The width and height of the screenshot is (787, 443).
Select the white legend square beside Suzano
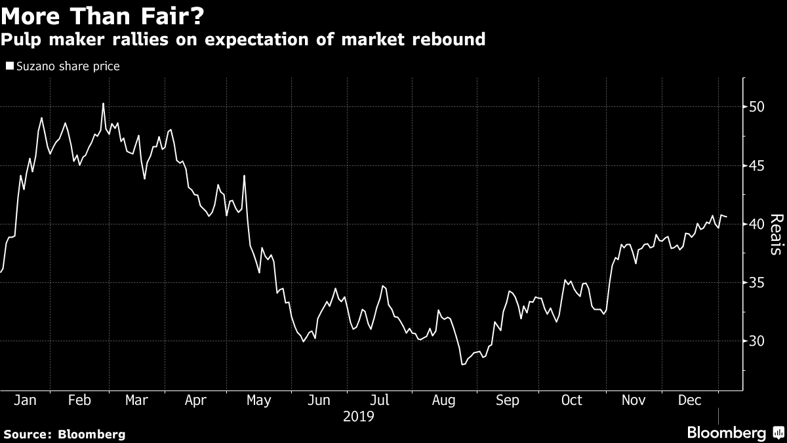9,66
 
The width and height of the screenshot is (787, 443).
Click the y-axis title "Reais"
776,234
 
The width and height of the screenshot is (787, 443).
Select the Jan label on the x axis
24,400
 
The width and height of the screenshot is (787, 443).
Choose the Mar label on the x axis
136,400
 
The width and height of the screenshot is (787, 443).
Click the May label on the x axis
258,400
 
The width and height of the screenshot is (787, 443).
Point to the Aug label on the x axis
443,400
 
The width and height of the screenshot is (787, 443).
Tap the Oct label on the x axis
571,400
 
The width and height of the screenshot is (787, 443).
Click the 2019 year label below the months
357,416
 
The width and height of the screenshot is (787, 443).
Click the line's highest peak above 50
103,103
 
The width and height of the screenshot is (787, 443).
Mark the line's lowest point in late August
462,364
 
